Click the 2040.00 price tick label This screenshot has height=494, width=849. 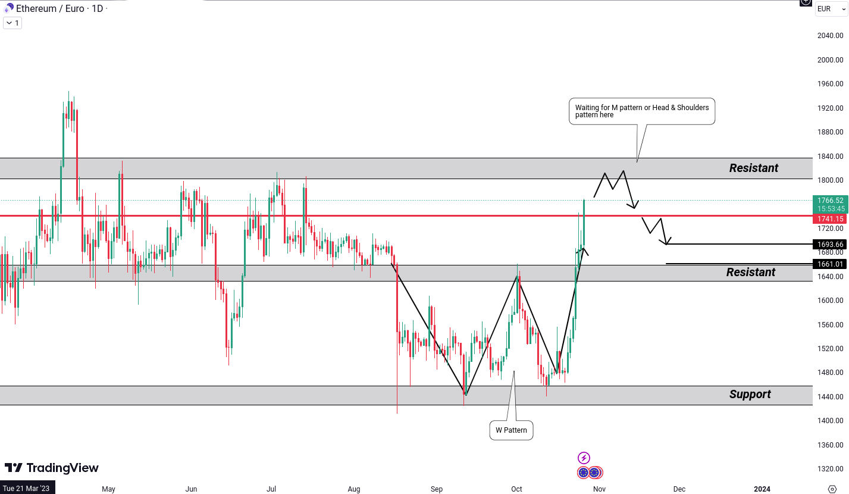point(830,36)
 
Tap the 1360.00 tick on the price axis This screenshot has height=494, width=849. point(830,445)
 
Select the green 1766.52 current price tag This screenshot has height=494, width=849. point(830,201)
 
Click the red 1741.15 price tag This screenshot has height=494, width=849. point(830,219)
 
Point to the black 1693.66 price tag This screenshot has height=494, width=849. point(830,244)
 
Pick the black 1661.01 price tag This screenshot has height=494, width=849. point(830,264)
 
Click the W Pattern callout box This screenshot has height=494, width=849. point(511,430)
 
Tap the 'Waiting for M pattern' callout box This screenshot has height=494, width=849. point(641,111)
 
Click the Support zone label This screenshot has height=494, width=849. point(750,394)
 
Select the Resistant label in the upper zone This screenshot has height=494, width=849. point(753,168)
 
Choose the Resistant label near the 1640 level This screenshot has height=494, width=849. point(750,272)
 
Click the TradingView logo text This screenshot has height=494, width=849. point(52,468)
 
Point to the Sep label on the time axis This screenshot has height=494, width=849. point(437,489)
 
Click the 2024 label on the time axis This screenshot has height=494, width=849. point(762,489)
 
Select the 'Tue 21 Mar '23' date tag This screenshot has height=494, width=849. point(27,489)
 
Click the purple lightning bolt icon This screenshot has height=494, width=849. point(584,458)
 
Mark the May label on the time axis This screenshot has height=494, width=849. point(108,489)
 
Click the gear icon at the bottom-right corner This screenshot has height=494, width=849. point(832,489)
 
